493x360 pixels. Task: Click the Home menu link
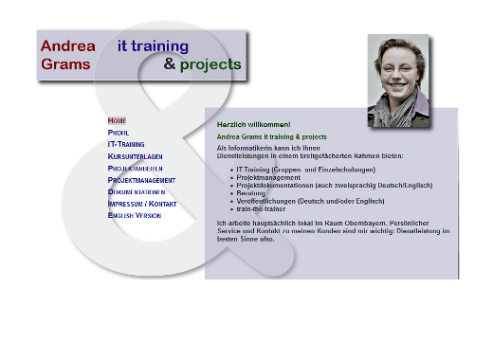(117, 121)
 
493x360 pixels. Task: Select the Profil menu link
(119, 133)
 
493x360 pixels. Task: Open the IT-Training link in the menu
(126, 144)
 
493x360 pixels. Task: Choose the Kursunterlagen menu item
(135, 155)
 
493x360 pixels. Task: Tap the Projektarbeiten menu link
(135, 168)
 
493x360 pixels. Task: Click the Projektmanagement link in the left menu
(141, 180)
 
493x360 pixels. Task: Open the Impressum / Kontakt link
(142, 204)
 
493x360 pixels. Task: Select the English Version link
(134, 215)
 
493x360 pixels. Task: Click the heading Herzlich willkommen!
(253, 125)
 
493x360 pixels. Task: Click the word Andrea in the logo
(67, 45)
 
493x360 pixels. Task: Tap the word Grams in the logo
(65, 64)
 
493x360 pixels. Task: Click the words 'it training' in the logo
(153, 45)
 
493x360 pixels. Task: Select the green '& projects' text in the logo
(202, 64)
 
